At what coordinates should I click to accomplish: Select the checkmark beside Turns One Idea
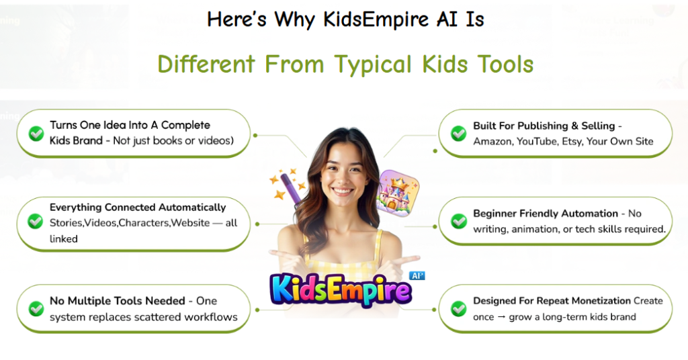pyautogui.click(x=36, y=133)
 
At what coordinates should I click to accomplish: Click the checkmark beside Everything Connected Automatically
pyautogui.click(x=36, y=221)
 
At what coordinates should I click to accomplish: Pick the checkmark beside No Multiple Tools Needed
pyautogui.click(x=36, y=309)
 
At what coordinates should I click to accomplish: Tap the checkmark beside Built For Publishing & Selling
pyautogui.click(x=458, y=133)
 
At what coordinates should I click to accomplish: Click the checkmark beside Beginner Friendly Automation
pyautogui.click(x=458, y=221)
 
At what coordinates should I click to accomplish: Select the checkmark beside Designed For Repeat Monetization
pyautogui.click(x=458, y=309)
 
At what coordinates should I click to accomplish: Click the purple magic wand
pyautogui.click(x=291, y=189)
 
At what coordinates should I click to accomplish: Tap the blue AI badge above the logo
pyautogui.click(x=417, y=275)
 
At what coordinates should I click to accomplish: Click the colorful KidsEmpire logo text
pyautogui.click(x=341, y=290)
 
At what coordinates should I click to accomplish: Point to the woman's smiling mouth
pyautogui.click(x=342, y=191)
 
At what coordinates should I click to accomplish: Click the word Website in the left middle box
pyautogui.click(x=190, y=223)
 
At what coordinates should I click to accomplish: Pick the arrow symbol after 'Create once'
pyautogui.click(x=501, y=317)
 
